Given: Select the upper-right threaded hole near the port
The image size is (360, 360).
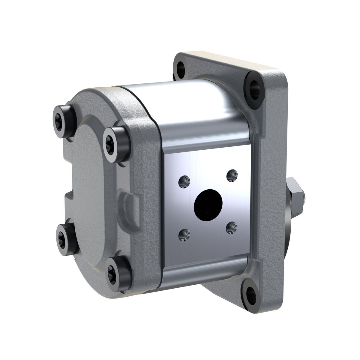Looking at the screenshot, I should pos(232,175).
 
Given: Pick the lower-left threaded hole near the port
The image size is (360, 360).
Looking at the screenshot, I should pos(184,234).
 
